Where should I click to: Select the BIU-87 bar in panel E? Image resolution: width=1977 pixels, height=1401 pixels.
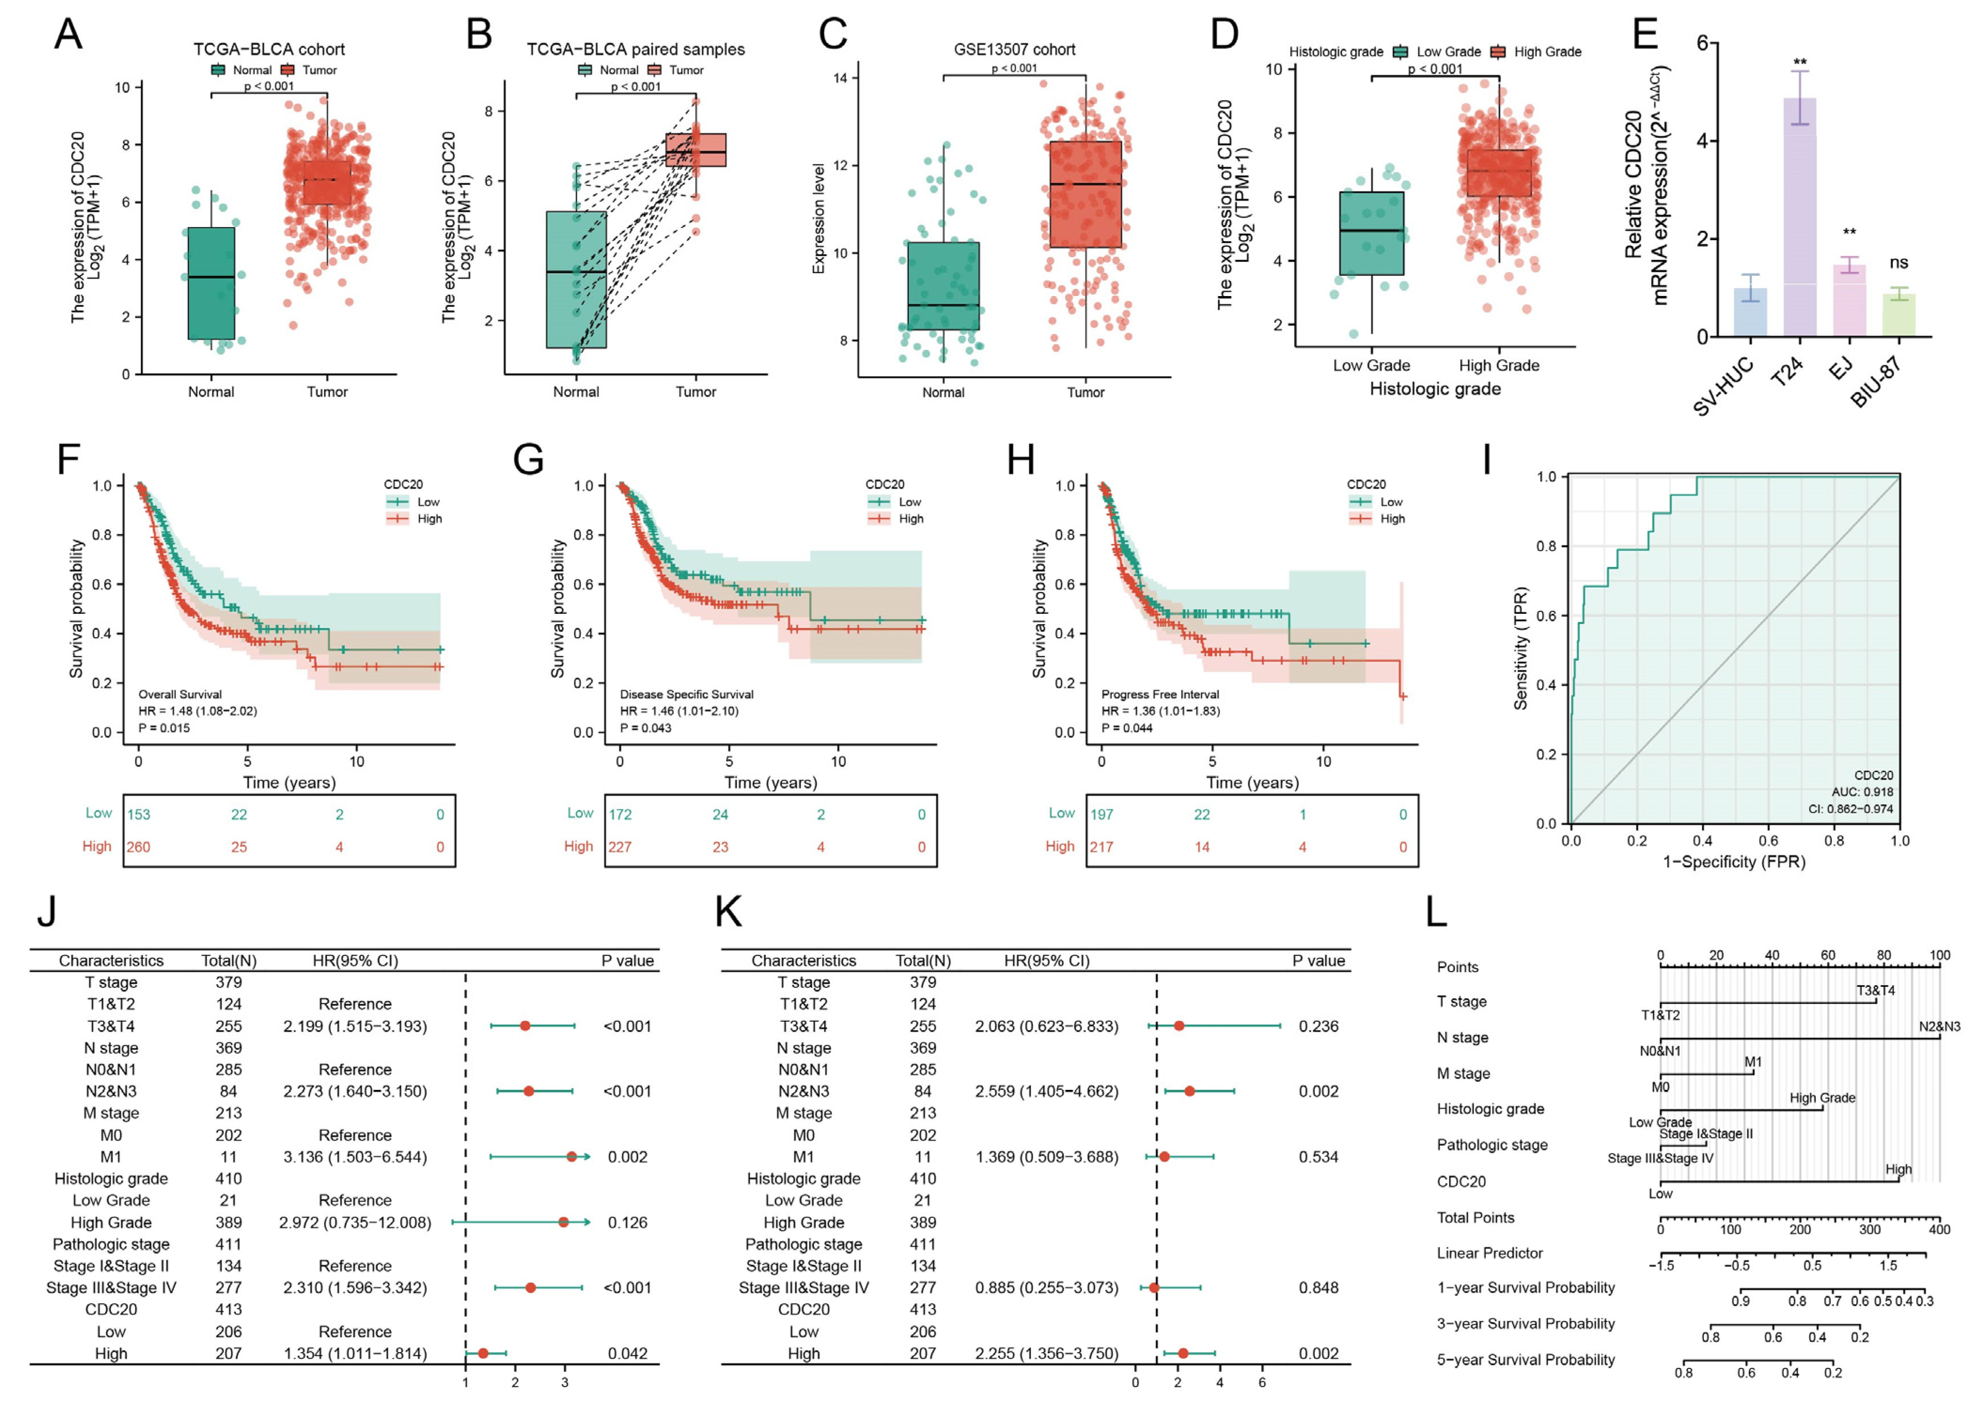(x=1898, y=316)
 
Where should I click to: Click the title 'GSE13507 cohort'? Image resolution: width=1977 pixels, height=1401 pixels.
(x=1015, y=50)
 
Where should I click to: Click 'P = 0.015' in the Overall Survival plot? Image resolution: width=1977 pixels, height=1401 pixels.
(x=164, y=728)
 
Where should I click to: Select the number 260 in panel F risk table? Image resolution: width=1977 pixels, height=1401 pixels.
(x=139, y=847)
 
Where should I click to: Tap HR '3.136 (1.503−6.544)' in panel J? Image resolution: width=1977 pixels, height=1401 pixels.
(x=355, y=1157)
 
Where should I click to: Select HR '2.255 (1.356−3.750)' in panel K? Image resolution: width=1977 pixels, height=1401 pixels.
(x=1046, y=1354)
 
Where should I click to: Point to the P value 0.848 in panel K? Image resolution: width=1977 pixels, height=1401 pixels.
(x=1318, y=1288)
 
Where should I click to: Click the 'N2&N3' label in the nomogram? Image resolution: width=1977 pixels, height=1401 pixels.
(x=1939, y=1026)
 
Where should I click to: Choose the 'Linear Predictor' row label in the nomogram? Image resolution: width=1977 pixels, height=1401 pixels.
(x=1490, y=1253)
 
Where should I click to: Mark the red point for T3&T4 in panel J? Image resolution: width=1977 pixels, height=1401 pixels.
(x=525, y=1026)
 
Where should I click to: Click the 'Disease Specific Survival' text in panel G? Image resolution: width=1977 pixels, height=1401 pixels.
(x=687, y=695)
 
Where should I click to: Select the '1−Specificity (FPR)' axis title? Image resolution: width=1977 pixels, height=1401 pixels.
(x=1734, y=862)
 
